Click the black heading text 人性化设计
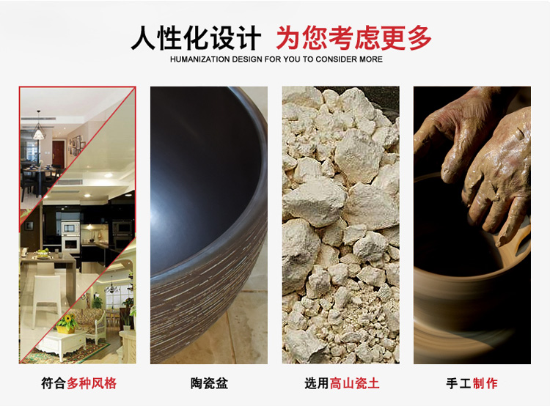(196, 38)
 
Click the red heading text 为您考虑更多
(354, 38)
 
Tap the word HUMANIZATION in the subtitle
(200, 59)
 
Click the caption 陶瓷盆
(209, 383)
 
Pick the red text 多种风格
(92, 383)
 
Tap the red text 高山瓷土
(355, 383)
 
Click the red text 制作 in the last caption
(485, 383)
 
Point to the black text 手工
(459, 383)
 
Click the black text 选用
(317, 383)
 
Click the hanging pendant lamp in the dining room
(39, 132)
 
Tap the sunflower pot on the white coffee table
(67, 324)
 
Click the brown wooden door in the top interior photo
(57, 153)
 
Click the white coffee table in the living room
(62, 344)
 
